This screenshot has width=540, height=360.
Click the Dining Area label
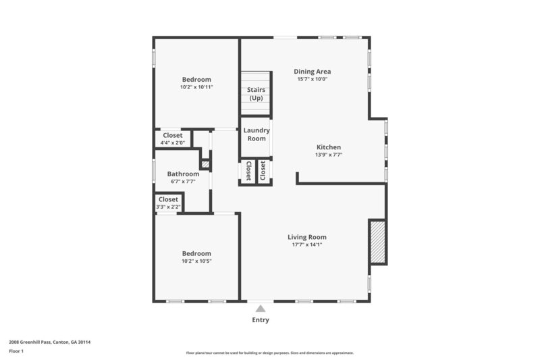pos(312,72)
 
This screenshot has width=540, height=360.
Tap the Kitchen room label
pos(329,147)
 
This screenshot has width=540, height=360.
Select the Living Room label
pos(307,237)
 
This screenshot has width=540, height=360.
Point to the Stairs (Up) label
pos(256,94)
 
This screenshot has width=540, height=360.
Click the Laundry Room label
pos(256,134)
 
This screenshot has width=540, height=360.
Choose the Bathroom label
pos(183,174)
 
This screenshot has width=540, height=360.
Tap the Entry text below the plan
pos(261,320)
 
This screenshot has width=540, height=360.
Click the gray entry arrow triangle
pos(261,308)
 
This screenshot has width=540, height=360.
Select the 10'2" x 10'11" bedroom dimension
pos(196,87)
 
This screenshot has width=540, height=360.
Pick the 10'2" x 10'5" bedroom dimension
pos(196,261)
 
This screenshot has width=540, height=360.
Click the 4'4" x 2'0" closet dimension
pos(173,143)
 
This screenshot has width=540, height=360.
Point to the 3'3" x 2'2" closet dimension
pos(168,207)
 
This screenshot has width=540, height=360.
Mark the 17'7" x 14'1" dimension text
pos(307,245)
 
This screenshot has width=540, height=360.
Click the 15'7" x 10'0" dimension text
pos(312,80)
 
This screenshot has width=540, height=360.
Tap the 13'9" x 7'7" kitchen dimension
pos(329,155)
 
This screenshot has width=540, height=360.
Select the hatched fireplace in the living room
pos(377,241)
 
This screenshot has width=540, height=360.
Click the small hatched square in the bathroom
pos(205,164)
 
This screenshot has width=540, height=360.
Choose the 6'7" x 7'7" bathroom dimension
pos(183,182)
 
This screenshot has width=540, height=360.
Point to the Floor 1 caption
pos(16,351)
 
